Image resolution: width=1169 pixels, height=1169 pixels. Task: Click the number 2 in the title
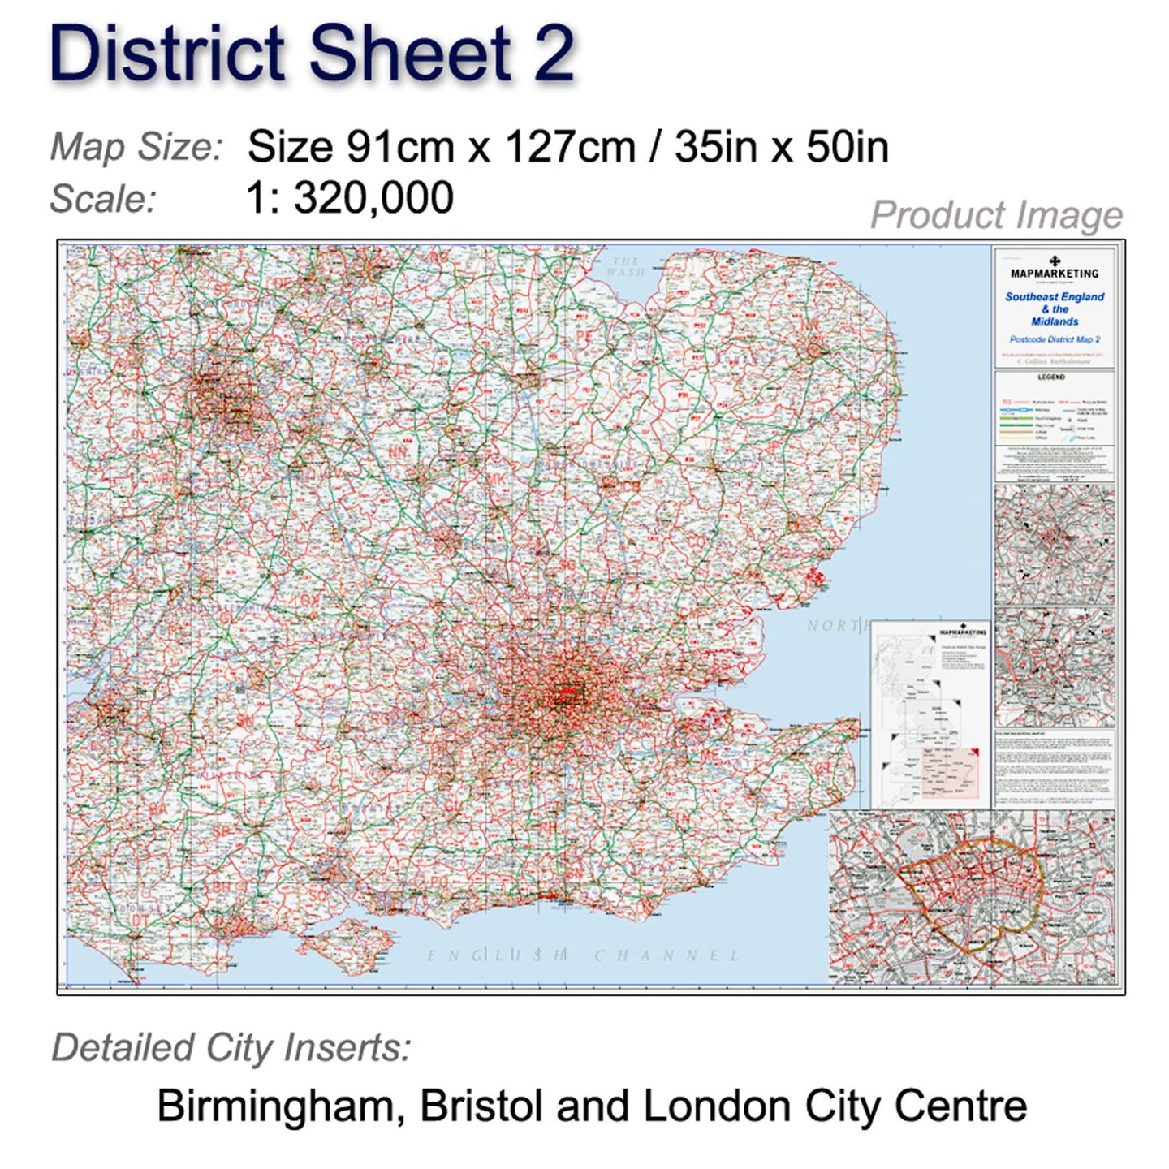(x=554, y=54)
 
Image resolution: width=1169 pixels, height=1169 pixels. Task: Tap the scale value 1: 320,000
(x=350, y=198)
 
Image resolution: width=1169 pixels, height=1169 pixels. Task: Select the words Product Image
(x=996, y=216)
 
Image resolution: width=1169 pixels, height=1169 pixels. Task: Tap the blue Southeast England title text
(x=1055, y=297)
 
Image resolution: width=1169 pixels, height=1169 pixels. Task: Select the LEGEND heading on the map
(x=1051, y=377)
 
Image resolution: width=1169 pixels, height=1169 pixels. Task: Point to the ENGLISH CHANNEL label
(x=584, y=955)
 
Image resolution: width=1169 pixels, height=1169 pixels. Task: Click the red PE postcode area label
(x=584, y=336)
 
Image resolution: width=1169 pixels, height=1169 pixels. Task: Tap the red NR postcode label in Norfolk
(x=810, y=326)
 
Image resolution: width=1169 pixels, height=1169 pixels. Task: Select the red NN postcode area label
(x=398, y=452)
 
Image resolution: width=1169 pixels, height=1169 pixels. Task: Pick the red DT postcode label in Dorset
(x=140, y=920)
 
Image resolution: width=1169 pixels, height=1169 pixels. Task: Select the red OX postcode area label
(x=309, y=601)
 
